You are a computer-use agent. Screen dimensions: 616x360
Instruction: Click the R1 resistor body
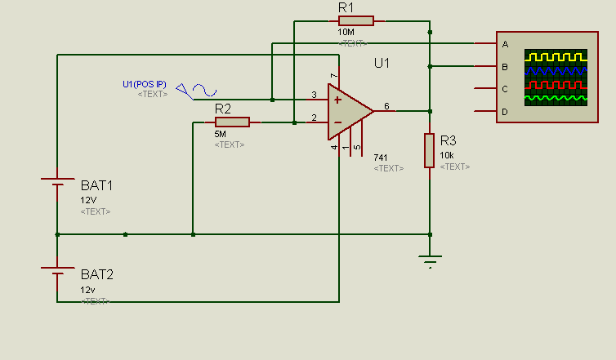click(x=356, y=20)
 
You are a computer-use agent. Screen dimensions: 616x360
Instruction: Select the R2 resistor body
click(x=232, y=122)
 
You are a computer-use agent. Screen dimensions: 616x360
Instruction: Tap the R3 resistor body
click(x=430, y=150)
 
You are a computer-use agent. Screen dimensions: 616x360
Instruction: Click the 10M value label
click(x=346, y=32)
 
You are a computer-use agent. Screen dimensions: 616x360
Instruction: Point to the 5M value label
click(x=220, y=134)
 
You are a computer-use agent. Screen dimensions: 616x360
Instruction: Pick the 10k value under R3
click(x=447, y=155)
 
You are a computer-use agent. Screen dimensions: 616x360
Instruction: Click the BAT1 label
click(x=96, y=185)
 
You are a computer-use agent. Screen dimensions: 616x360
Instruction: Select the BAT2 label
click(x=97, y=274)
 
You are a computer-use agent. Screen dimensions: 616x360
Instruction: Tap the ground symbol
click(x=431, y=261)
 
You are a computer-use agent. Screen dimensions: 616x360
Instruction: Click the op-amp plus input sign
click(x=337, y=100)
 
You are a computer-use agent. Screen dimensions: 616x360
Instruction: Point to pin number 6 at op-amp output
click(x=386, y=106)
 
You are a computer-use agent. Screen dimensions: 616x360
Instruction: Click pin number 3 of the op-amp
click(x=314, y=95)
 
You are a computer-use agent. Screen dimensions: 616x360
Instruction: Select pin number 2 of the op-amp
click(x=314, y=118)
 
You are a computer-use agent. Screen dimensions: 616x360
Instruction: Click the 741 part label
click(x=380, y=158)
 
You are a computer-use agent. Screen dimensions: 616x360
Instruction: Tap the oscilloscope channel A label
click(x=505, y=44)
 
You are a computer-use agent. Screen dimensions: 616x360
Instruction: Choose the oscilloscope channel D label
click(x=505, y=113)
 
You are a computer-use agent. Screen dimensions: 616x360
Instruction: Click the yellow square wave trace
click(x=556, y=57)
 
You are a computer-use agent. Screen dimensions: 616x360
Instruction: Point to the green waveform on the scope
click(x=556, y=98)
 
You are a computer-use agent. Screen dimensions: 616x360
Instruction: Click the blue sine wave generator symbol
click(x=204, y=90)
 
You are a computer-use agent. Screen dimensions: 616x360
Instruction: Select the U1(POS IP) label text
click(x=145, y=84)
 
